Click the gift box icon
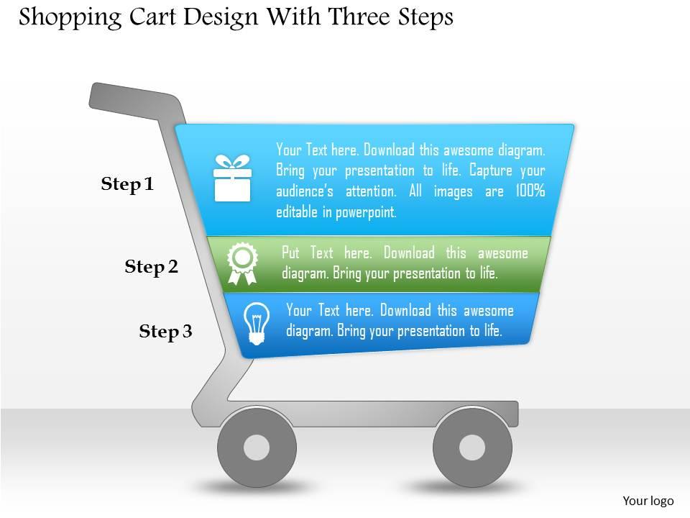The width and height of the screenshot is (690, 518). click(232, 178)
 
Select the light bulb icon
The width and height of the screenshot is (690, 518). click(257, 322)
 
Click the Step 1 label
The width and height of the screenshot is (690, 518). click(127, 185)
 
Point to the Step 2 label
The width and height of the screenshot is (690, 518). click(151, 268)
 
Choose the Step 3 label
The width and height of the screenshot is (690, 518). click(165, 332)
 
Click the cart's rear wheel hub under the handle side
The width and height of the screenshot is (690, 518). click(257, 447)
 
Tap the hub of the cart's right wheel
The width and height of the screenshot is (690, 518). click(472, 447)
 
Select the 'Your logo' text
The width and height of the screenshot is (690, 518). click(648, 501)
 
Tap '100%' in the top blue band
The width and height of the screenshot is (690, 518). click(530, 191)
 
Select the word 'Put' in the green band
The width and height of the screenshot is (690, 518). click(290, 253)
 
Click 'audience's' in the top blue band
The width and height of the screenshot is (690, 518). click(306, 191)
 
